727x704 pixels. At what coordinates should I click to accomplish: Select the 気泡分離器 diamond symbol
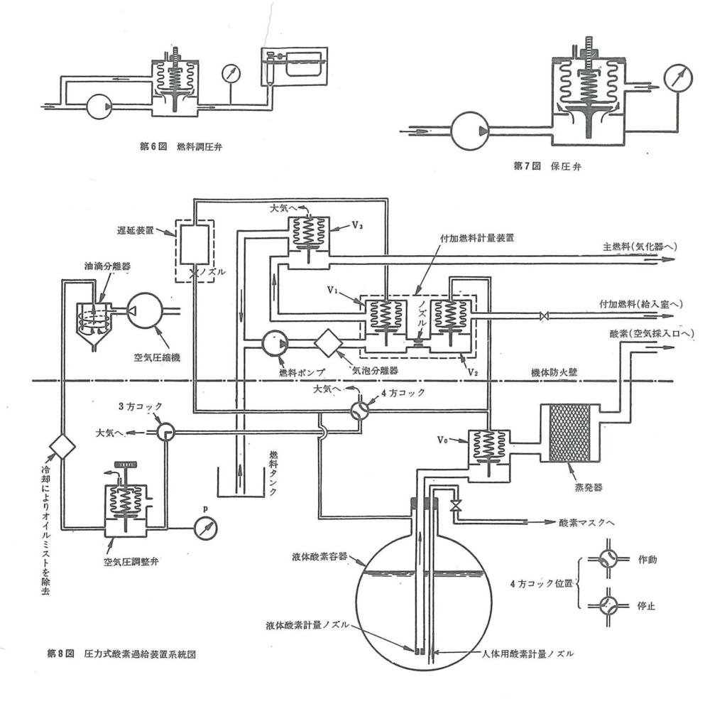pos(328,343)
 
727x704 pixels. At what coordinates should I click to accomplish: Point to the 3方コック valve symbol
pos(165,432)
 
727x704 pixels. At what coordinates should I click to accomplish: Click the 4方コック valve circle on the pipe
pos(360,410)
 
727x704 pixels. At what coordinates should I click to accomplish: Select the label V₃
pos(357,226)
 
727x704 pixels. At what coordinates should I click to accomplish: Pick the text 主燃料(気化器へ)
pos(640,247)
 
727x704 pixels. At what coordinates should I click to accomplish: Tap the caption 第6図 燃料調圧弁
pos(181,146)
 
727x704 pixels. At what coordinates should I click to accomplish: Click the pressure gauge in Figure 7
pos(678,80)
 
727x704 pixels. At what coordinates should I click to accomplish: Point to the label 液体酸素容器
pos(319,556)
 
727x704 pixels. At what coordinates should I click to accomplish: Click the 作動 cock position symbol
pos(608,559)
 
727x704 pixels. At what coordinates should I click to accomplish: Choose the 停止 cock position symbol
pos(608,605)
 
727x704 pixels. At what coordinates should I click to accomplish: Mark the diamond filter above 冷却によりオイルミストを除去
pos(62,446)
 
